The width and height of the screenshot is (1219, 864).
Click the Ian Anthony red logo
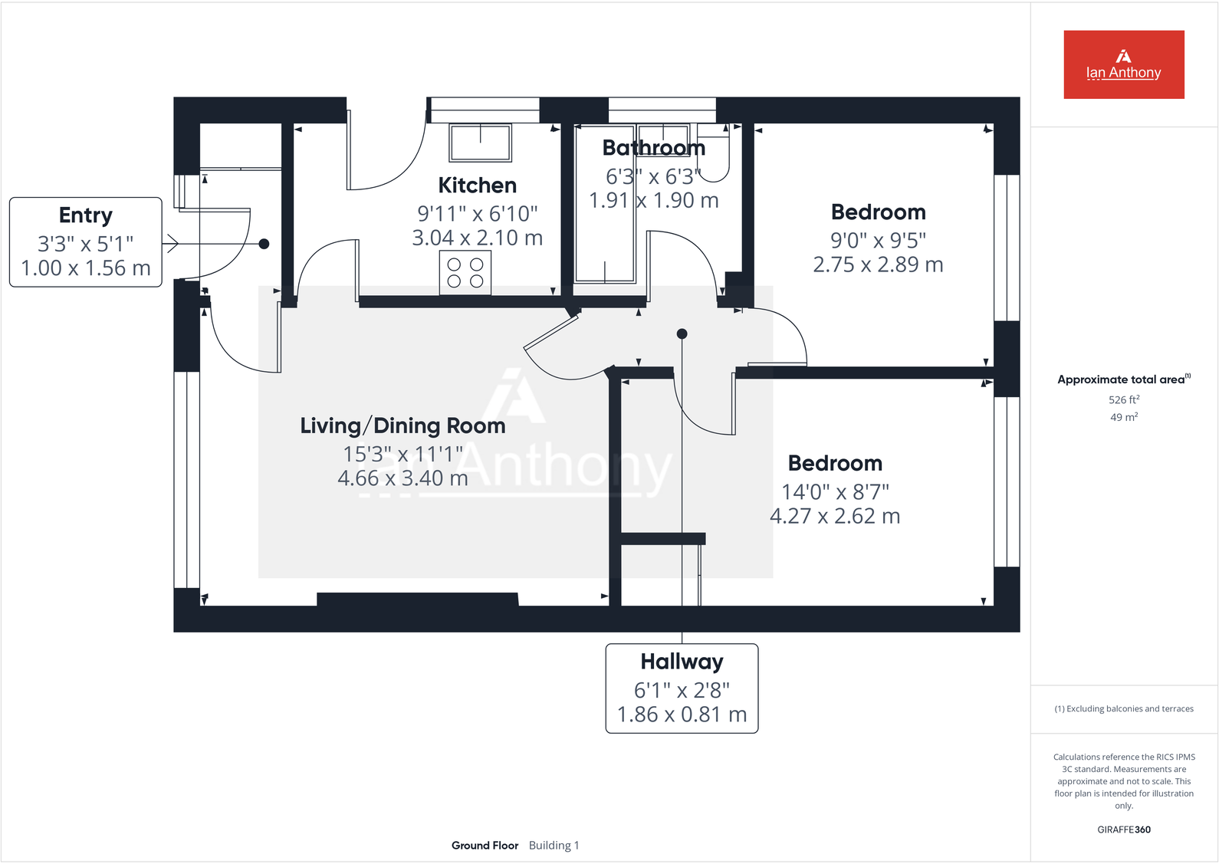(1123, 64)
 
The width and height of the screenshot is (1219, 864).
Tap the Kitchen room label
(477, 186)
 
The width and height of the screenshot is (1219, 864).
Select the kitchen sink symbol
(481, 143)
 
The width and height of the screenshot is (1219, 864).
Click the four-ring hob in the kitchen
(465, 273)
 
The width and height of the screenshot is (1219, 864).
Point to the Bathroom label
(653, 148)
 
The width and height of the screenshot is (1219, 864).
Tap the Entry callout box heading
(86, 215)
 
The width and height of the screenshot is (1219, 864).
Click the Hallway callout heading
(682, 662)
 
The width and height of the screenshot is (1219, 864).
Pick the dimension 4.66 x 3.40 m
(402, 478)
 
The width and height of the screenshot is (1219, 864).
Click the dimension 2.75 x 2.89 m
(878, 264)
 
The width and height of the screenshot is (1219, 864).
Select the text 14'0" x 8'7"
(835, 491)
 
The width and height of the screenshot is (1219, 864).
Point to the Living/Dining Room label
(402, 426)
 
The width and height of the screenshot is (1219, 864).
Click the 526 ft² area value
(1123, 400)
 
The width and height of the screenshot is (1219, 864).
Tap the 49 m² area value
(1123, 417)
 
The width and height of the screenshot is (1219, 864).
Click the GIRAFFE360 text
(1123, 830)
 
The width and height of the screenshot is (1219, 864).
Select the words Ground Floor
(485, 846)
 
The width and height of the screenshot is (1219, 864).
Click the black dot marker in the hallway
(682, 334)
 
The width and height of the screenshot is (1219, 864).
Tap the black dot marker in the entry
(264, 244)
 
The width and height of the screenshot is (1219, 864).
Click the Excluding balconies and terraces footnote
(1124, 709)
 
